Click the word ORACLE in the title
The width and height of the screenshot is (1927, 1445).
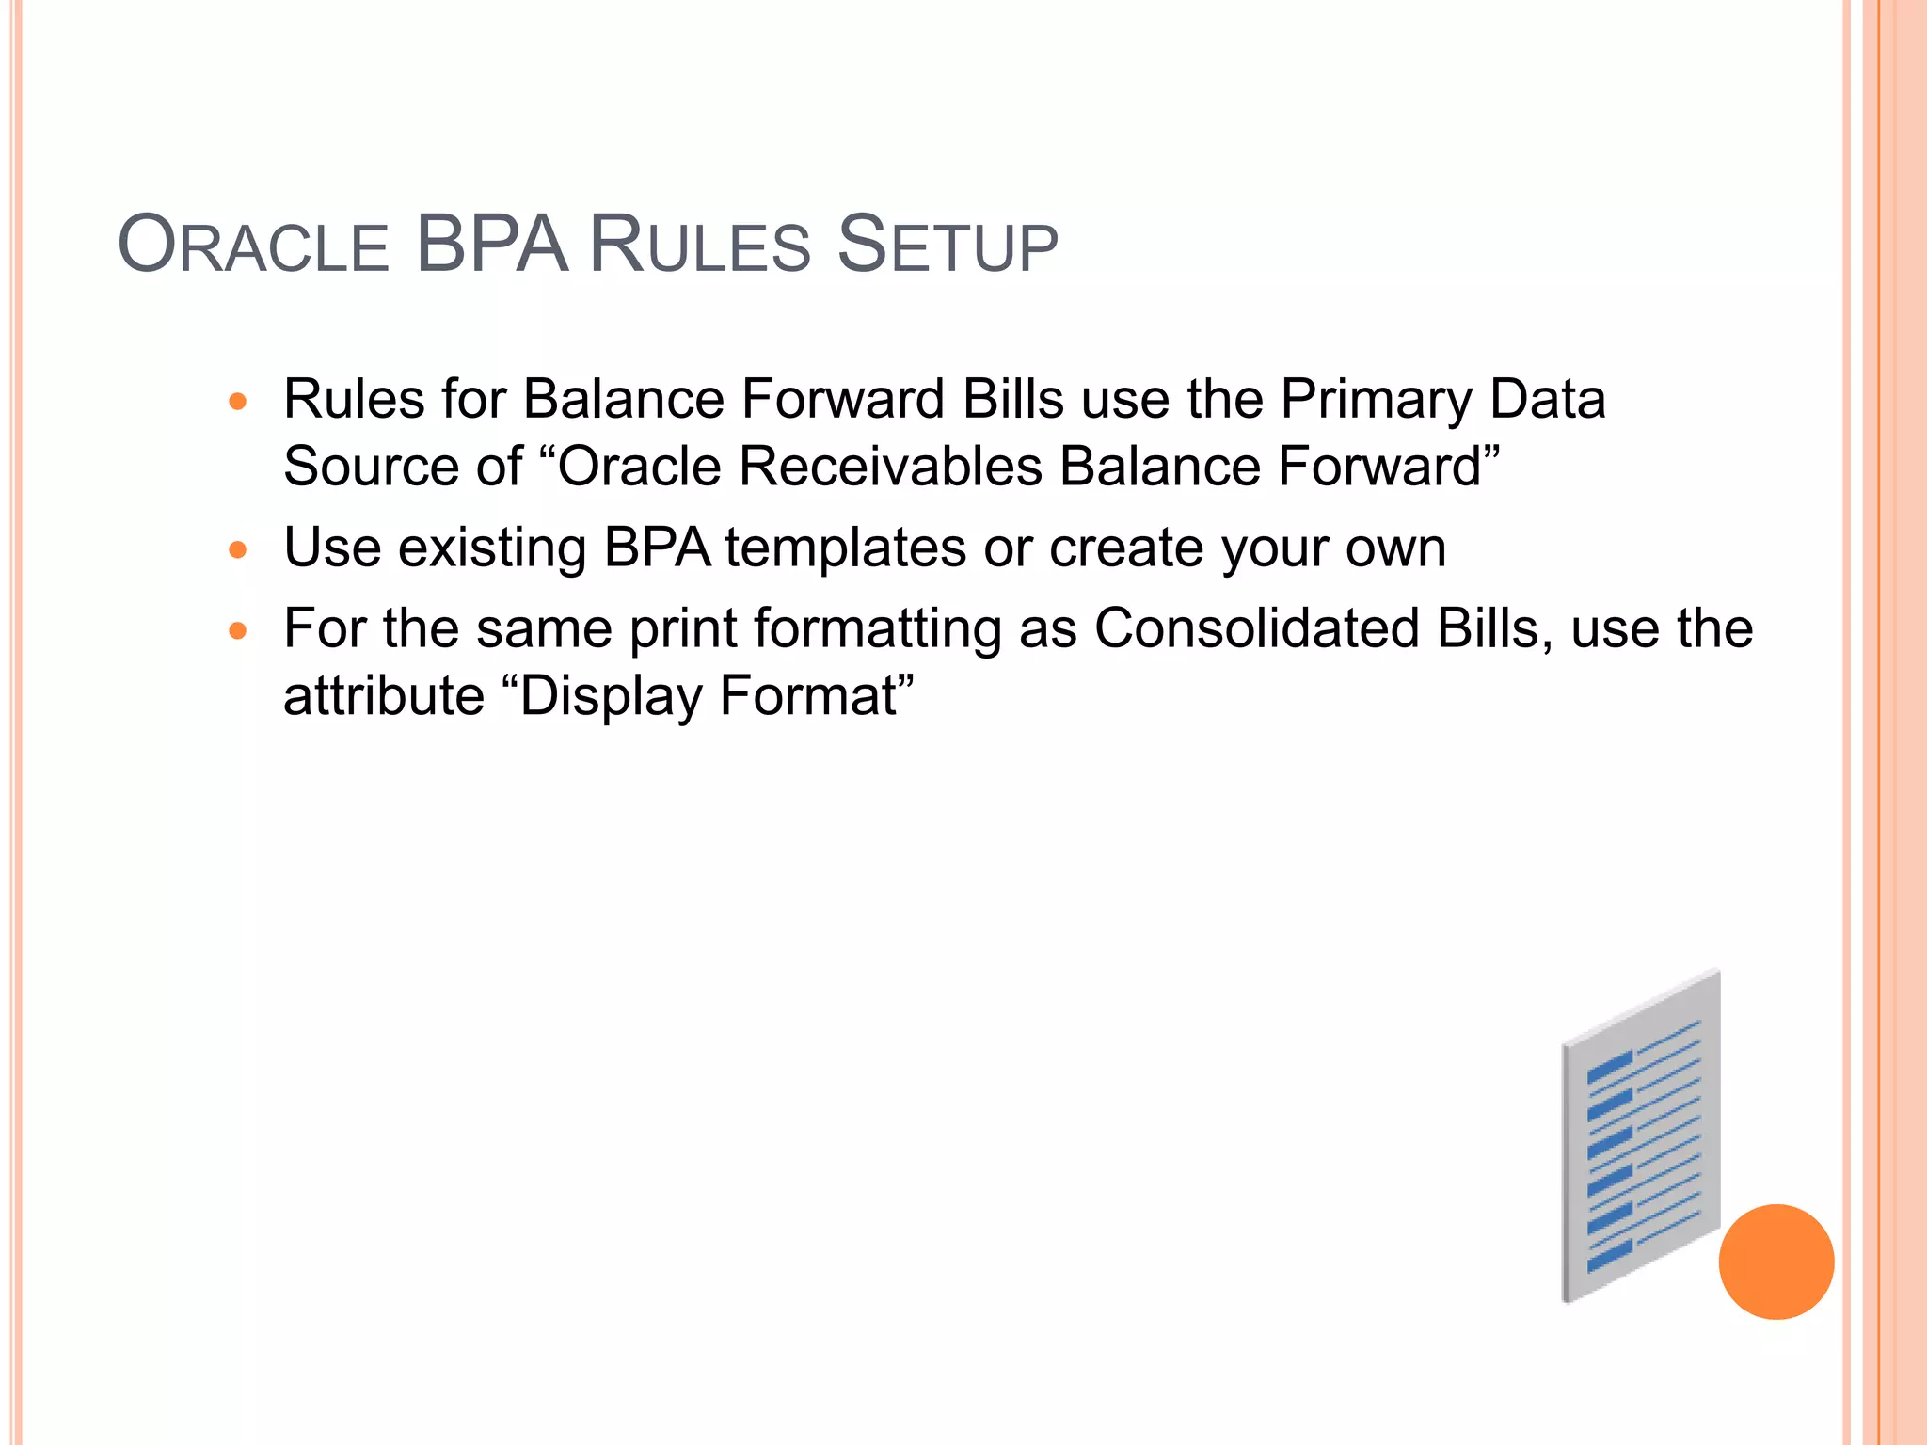coord(253,246)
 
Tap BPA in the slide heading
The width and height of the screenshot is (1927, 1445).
coord(491,245)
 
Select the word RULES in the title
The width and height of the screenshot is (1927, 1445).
coord(699,246)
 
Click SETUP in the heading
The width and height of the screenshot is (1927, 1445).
coord(948,246)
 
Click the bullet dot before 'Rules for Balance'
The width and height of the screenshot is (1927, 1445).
coord(238,403)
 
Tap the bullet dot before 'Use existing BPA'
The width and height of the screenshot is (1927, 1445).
coord(238,550)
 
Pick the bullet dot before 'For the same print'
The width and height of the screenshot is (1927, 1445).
coord(238,631)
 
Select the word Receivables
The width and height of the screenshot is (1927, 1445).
coord(890,467)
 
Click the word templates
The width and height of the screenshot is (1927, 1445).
coord(845,548)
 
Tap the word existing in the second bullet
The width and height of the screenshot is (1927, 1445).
coord(492,549)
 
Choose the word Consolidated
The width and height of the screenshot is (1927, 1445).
coord(1256,628)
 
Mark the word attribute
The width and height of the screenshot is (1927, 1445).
coord(383,697)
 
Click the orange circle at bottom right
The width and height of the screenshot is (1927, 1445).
coord(1776,1262)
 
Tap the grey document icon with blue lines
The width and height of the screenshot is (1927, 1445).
coord(1641,1138)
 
